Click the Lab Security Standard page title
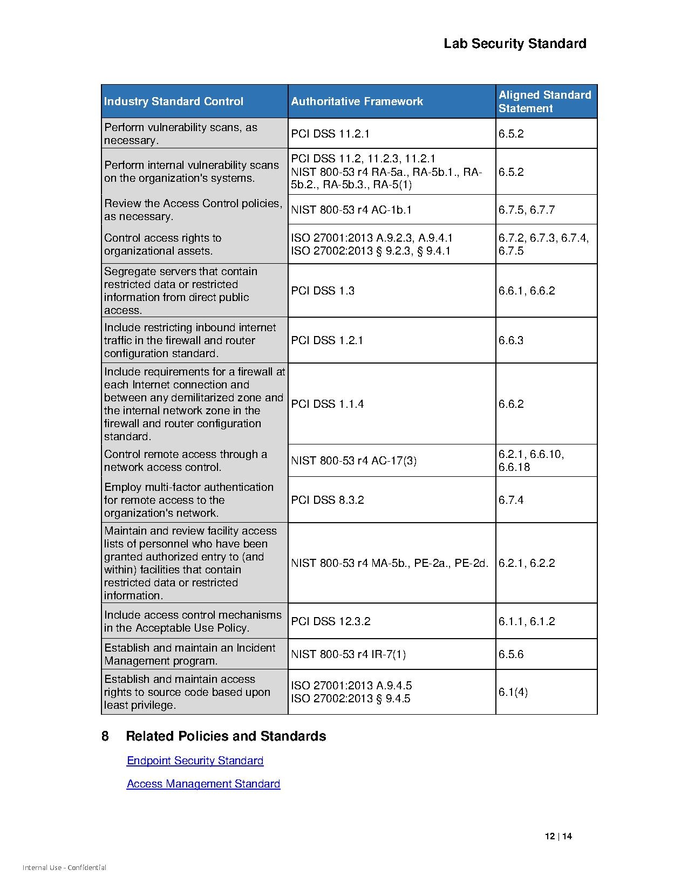pyautogui.click(x=515, y=44)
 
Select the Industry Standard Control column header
pyautogui.click(x=174, y=101)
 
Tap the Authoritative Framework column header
pyautogui.click(x=357, y=101)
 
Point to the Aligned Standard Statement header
pyautogui.click(x=544, y=101)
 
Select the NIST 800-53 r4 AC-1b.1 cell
pyautogui.click(x=351, y=210)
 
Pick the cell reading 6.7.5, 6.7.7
pyautogui.click(x=527, y=210)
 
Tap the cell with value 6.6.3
pyautogui.click(x=511, y=340)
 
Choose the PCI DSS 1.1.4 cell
pyautogui.click(x=328, y=404)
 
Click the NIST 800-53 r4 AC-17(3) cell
pyautogui.click(x=353, y=461)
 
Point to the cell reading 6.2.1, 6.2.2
pyautogui.click(x=527, y=563)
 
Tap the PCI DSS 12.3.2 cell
pyautogui.click(x=331, y=621)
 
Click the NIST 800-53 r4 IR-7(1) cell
pyautogui.click(x=348, y=654)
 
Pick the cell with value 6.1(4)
pyautogui.click(x=513, y=692)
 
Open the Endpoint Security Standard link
pyautogui.click(x=195, y=761)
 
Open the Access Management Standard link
pyautogui.click(x=203, y=784)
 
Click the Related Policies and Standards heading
pyautogui.click(x=226, y=736)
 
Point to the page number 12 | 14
pyautogui.click(x=558, y=837)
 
